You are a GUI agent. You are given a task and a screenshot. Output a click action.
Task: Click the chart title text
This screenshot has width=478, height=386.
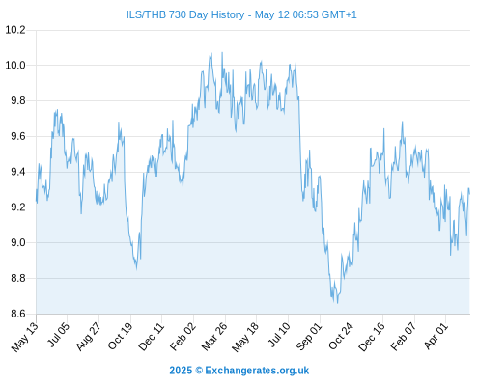coord(241,14)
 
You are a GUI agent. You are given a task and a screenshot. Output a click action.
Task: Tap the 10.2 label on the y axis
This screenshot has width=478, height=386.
coord(15,30)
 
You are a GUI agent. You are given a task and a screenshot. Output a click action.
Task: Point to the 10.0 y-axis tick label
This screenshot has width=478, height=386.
coord(15,66)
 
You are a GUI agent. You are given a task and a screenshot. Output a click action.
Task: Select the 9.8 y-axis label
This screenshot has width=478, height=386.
coord(18,101)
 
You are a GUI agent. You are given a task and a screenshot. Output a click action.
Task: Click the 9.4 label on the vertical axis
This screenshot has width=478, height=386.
coord(18,172)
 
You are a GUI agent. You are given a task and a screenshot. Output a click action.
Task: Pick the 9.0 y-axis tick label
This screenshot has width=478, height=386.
coord(18,243)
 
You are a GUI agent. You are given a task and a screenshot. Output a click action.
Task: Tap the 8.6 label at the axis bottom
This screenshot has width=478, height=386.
coord(18,314)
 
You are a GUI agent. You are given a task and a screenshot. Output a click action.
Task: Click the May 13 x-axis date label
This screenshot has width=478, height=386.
coord(25,337)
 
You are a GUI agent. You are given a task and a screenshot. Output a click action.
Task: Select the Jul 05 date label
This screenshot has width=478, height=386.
coord(58,335)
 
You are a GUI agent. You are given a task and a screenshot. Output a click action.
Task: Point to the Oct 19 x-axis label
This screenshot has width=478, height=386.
coord(120,336)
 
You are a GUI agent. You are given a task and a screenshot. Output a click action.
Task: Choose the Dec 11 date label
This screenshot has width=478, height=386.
coord(151,336)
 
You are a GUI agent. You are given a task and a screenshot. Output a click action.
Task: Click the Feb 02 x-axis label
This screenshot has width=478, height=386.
coord(183,337)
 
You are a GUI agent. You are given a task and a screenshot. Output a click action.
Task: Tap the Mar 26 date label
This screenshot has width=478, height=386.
coord(214,337)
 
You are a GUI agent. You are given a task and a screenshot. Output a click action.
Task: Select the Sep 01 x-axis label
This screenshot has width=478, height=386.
coord(309,337)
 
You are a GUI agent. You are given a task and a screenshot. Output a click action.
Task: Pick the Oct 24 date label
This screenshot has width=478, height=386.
coord(341,336)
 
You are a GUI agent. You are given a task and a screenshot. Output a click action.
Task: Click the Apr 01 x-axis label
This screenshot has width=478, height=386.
coord(436,336)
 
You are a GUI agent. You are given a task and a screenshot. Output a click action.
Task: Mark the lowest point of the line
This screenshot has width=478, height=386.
coord(337,303)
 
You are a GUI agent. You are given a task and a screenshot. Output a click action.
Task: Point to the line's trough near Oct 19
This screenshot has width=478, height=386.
coord(137,269)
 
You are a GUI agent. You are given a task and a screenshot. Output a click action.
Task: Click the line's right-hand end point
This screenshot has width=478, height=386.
coord(469,194)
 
